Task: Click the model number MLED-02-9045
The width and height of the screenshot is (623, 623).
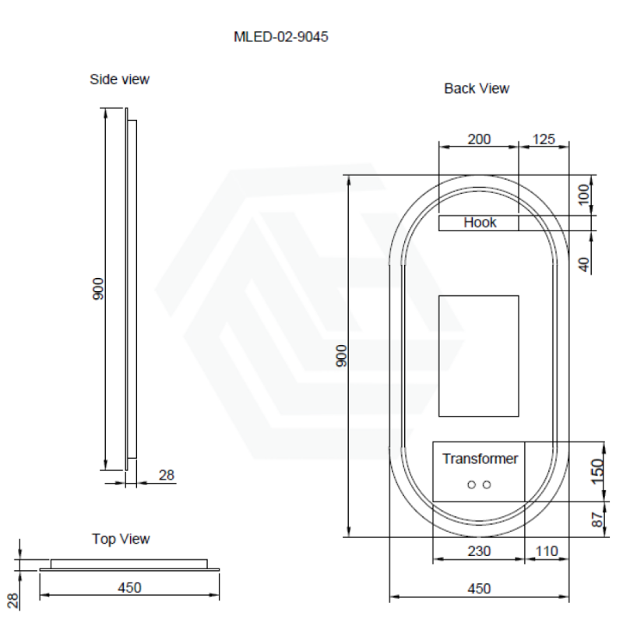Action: [281, 37]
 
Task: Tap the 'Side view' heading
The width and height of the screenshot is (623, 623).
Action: [120, 79]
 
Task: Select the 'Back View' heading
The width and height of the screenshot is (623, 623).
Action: [477, 88]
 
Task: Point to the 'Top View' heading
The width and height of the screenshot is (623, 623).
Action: [121, 539]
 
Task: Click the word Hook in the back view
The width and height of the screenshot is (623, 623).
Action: [480, 223]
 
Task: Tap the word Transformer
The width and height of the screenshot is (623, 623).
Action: [480, 459]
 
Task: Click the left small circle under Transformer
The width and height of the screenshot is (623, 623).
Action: [472, 484]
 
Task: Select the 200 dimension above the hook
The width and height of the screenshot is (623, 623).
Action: [479, 139]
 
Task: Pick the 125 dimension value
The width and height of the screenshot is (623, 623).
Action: [544, 139]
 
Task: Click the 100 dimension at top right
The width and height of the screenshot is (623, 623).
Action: [583, 195]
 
